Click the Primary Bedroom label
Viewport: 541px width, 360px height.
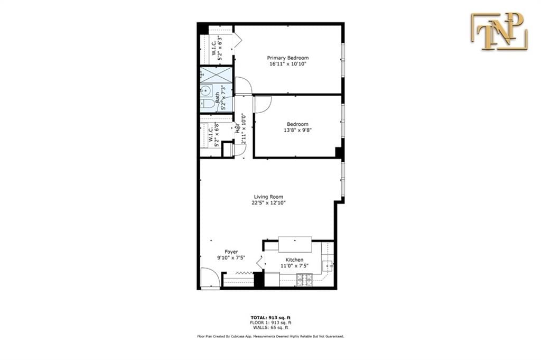[287, 58]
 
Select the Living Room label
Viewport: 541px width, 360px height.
[269, 197]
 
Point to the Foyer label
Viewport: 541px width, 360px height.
[231, 252]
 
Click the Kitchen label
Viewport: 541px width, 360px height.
[294, 260]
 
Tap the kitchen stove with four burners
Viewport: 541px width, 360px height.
[304, 280]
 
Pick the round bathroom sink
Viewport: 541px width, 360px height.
[204, 90]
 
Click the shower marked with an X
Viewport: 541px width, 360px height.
[216, 75]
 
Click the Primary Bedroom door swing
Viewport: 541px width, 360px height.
[244, 86]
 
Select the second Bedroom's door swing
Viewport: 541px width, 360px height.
[262, 104]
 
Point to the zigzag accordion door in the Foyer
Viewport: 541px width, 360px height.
[242, 273]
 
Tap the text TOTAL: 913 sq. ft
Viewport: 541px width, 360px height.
[269, 318]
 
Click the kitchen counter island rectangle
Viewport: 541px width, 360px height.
[295, 245]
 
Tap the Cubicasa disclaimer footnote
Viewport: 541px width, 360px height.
[270, 336]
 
